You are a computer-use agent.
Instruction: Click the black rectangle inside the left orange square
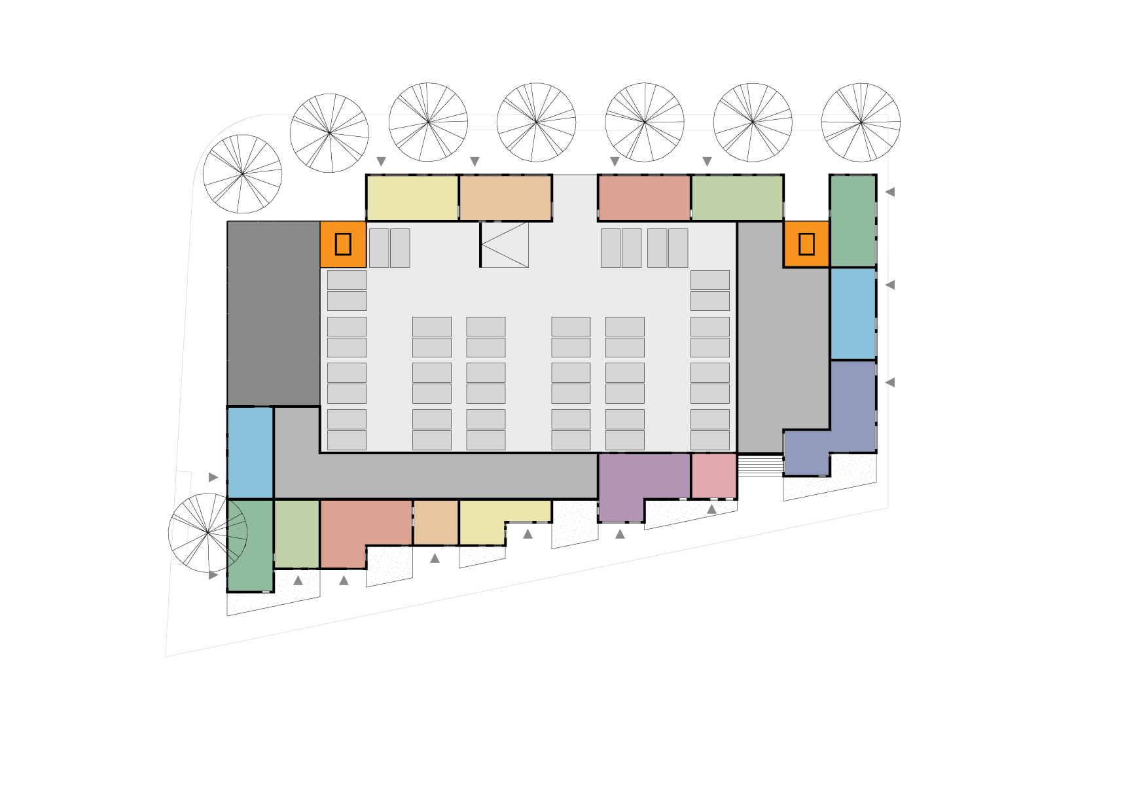coord(343,243)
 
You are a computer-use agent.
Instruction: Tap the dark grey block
coord(273,313)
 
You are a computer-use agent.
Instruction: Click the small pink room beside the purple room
coord(713,476)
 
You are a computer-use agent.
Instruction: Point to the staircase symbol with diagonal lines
coord(505,244)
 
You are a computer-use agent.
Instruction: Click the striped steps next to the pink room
coord(760,465)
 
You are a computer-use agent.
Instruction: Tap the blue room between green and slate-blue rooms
coord(853,314)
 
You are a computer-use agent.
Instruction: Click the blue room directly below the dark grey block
coord(250,452)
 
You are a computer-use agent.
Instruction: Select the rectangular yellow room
coord(412,198)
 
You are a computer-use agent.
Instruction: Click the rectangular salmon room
coord(644,198)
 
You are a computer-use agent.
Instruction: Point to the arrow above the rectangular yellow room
coord(382,162)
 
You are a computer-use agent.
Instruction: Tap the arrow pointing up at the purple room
coord(620,534)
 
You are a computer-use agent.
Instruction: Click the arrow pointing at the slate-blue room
coord(889,382)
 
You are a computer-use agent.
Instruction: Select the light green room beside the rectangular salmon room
coord(737,198)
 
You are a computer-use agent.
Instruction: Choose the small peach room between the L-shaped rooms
coord(435,522)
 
